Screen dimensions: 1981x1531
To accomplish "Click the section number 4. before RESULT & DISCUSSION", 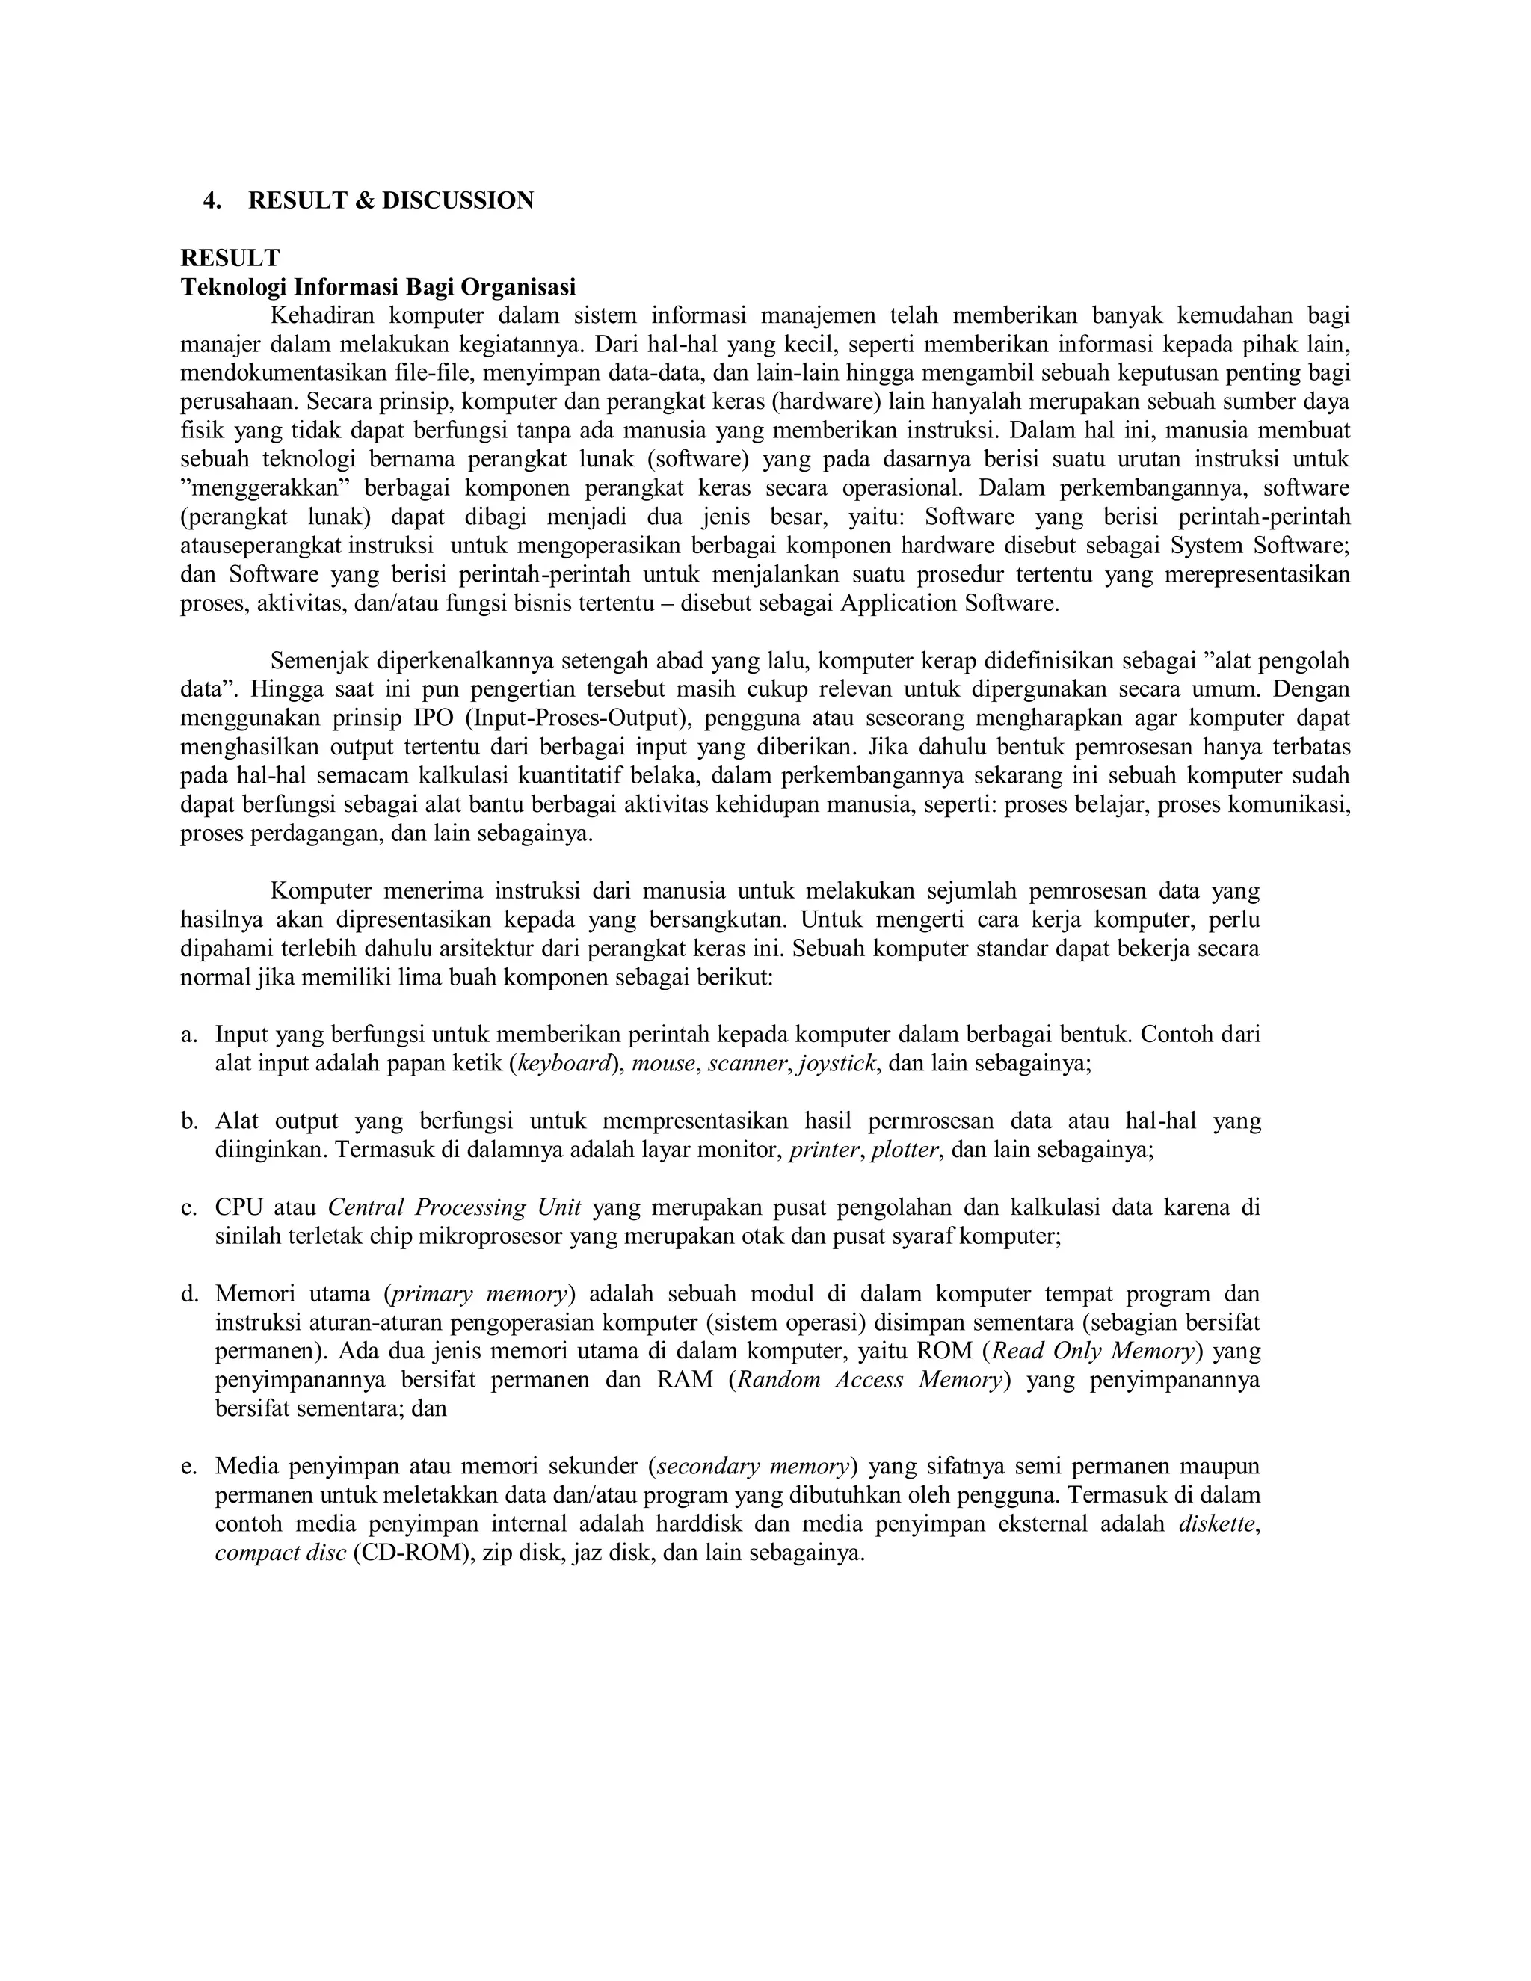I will tap(212, 200).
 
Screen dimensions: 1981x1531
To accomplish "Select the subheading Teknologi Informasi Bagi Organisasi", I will tap(378, 288).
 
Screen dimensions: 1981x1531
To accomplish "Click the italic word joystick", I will tap(837, 1064).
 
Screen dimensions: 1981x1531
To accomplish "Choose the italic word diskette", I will tap(1218, 1524).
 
